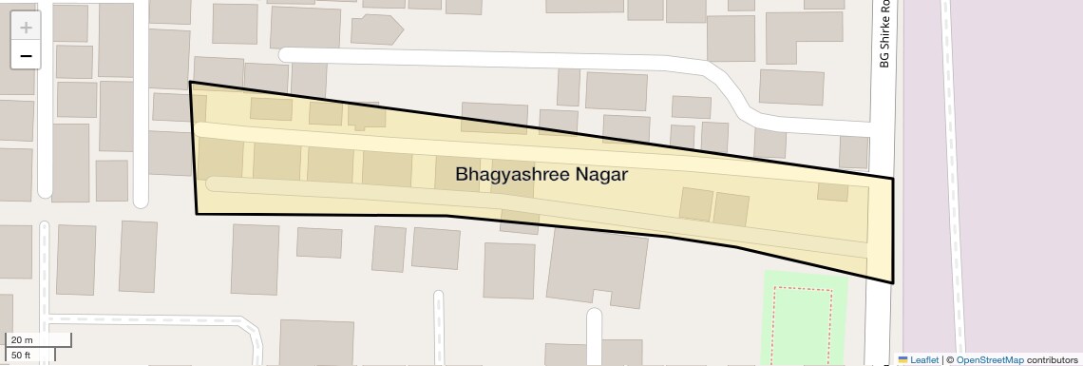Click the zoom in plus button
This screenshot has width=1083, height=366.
coord(26,28)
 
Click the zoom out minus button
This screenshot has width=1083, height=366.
coord(26,56)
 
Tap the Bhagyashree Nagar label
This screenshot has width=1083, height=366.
coord(541,175)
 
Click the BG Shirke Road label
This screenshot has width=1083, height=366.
coord(883,34)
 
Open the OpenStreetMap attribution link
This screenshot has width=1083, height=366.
coord(989,359)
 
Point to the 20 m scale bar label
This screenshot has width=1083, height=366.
coord(22,339)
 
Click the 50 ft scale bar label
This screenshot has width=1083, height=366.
coord(22,355)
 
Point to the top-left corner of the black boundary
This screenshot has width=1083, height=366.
coord(191,83)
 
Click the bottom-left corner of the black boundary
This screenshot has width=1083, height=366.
coord(197,214)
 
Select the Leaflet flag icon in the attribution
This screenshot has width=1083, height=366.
coord(902,359)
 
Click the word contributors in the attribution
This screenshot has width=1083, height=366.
coord(1053,359)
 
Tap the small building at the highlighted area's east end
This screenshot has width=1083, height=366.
coord(832,191)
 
